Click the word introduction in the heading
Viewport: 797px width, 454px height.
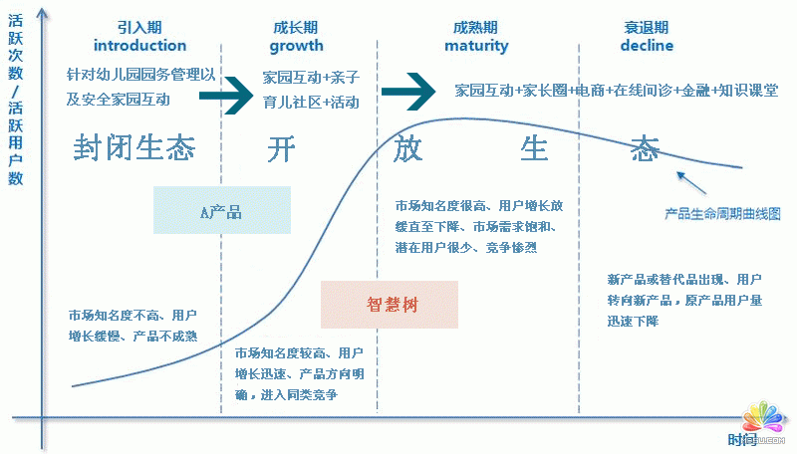coord(139,46)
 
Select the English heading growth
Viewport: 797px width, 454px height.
coord(296,46)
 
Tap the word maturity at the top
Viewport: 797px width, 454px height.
coord(475,46)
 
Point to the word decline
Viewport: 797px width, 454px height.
coord(647,46)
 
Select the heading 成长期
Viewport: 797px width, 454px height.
coord(295,27)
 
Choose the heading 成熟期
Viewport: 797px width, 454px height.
coord(475,27)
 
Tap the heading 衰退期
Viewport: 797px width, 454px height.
coord(647,27)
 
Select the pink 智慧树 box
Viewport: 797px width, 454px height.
coord(390,305)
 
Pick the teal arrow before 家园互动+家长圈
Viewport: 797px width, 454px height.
coord(408,92)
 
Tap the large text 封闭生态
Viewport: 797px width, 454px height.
coord(133,148)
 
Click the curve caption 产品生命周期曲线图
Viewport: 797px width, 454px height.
coord(722,213)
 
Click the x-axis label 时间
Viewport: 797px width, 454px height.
coord(741,439)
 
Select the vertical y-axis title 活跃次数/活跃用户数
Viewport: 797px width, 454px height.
coord(16,100)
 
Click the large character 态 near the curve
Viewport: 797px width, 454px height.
coord(645,149)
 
